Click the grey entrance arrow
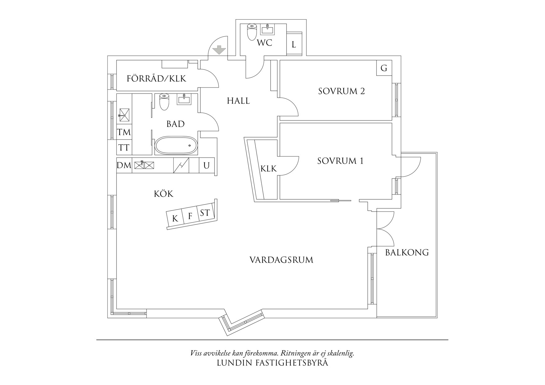click(x=219, y=50)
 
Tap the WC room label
click(x=264, y=43)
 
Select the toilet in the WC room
click(x=251, y=32)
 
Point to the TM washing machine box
click(x=124, y=132)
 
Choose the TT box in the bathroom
click(x=124, y=147)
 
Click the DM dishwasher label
click(x=124, y=165)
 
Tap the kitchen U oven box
click(x=206, y=165)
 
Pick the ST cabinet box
click(x=205, y=213)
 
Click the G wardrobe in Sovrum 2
click(x=384, y=68)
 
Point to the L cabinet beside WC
click(x=294, y=44)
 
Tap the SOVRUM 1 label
click(x=340, y=161)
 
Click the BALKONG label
click(x=407, y=252)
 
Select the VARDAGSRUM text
click(x=282, y=260)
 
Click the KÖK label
click(x=163, y=193)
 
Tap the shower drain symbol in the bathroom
click(x=124, y=115)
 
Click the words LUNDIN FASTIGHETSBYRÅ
click(x=272, y=362)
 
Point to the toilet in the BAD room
click(x=164, y=102)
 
